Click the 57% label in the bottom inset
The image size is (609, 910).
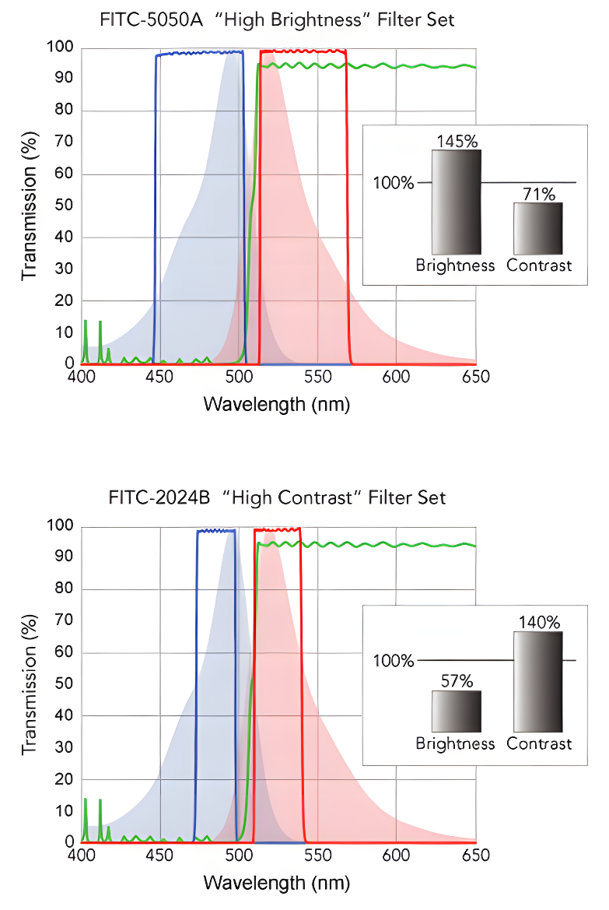[x=457, y=681]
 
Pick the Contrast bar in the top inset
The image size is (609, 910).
[x=538, y=227]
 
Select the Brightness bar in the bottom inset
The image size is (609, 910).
[x=457, y=711]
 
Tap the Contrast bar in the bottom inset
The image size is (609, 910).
[x=538, y=681]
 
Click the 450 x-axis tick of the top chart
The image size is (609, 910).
[x=159, y=378]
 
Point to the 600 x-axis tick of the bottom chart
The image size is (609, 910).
[x=396, y=856]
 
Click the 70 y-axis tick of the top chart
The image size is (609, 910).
[x=65, y=142]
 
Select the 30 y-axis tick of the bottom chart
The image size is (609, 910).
[x=65, y=747]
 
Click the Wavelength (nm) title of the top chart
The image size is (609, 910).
[x=277, y=405]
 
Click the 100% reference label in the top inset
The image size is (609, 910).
[x=394, y=183]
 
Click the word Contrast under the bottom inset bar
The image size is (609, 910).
[x=539, y=743]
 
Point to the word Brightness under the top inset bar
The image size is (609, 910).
[x=455, y=265]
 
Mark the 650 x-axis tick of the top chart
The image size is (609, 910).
[x=475, y=378]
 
